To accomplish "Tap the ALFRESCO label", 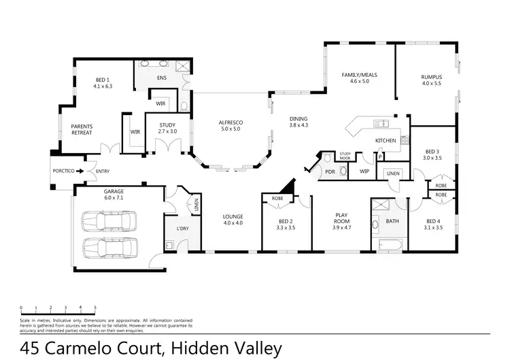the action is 231,122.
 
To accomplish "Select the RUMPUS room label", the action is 431,77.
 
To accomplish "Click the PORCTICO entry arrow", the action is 80,171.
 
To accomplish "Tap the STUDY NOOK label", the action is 345,156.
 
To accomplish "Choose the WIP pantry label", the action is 364,171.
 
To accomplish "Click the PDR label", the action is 330,172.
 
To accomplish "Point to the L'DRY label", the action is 182,227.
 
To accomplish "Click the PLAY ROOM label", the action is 341,218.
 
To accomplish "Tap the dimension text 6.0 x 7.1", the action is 114,197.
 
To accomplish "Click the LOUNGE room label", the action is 233,217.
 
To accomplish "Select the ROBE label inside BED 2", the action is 277,199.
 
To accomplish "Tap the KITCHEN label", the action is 386,141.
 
